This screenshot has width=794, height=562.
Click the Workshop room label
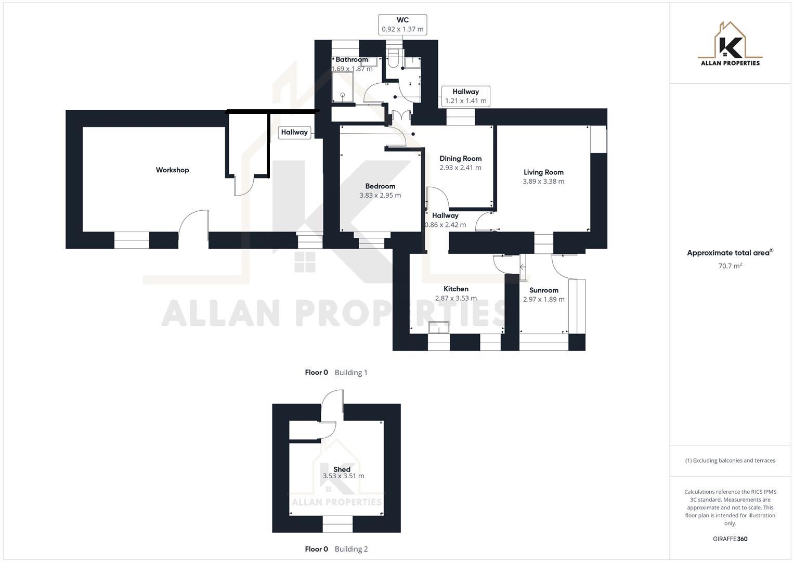(172, 170)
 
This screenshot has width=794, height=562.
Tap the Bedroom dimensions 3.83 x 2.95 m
(380, 196)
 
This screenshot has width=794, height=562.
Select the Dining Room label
(460, 159)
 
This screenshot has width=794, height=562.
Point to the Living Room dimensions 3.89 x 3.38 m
(543, 182)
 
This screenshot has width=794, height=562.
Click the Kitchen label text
(455, 289)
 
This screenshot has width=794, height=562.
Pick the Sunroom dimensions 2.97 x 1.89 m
(543, 300)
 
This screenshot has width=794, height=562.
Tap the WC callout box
(402, 25)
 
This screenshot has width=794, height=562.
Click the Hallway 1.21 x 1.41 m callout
(465, 96)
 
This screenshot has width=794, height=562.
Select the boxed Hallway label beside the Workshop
(294, 132)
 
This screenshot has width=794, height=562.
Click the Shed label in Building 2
(342, 469)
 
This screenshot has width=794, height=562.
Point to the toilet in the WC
(394, 59)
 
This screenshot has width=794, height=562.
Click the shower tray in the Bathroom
(343, 87)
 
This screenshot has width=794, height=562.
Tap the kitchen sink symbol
(439, 327)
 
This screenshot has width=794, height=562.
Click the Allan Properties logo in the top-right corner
(730, 45)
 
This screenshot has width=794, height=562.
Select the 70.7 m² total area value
(730, 266)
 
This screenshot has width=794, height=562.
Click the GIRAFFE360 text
(730, 539)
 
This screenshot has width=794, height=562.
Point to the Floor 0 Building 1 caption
(336, 373)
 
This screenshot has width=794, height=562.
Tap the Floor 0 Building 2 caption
(336, 549)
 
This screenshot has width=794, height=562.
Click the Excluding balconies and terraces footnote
(730, 461)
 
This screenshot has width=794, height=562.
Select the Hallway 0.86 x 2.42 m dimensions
(446, 225)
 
